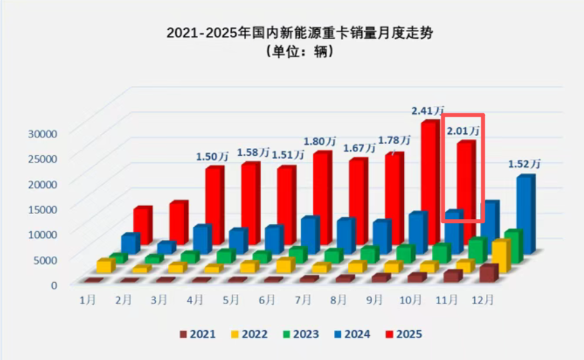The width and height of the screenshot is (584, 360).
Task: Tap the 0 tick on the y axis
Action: point(54,285)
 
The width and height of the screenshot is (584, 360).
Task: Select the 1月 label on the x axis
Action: point(88,301)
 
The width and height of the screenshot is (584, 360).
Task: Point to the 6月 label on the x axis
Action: point(267,301)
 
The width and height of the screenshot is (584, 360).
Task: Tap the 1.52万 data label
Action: point(524,164)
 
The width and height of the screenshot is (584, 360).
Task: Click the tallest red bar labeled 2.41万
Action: point(429,180)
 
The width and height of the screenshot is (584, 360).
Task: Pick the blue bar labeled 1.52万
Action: point(525,213)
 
